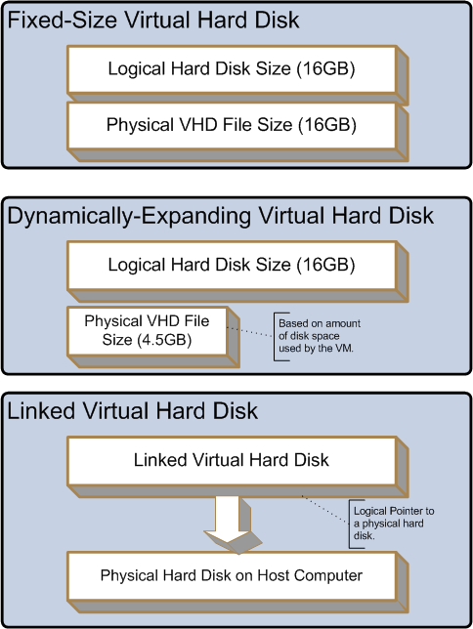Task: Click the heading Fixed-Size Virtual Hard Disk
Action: click(x=153, y=21)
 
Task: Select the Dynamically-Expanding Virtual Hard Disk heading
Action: click(x=221, y=216)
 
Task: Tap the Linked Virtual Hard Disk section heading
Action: click(x=133, y=411)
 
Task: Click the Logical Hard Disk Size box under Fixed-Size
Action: click(x=232, y=69)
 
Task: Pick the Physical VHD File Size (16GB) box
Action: click(x=232, y=125)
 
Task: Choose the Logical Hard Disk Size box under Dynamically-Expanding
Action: click(x=232, y=265)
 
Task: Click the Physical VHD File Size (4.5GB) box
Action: click(x=148, y=331)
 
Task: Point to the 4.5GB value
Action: click(x=164, y=340)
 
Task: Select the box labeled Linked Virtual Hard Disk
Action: click(x=232, y=461)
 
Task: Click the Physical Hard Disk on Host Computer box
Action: click(x=232, y=576)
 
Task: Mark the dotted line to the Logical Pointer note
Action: click(x=325, y=510)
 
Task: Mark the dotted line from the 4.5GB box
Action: click(x=250, y=332)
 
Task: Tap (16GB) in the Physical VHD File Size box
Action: click(x=326, y=125)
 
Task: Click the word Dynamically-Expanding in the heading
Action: click(x=131, y=216)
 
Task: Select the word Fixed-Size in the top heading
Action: click(x=64, y=21)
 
